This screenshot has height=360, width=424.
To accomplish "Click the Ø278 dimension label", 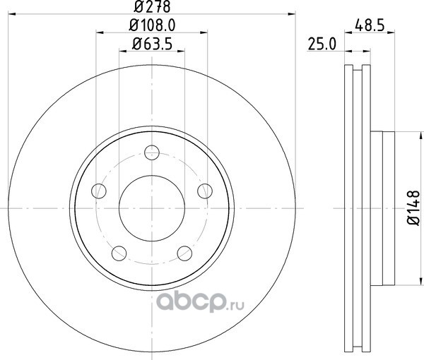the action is (152, 6).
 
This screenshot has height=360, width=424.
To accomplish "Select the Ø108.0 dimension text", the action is (152, 25).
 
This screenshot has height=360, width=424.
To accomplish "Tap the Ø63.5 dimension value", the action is (152, 44).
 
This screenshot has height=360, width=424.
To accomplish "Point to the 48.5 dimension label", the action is (370, 26).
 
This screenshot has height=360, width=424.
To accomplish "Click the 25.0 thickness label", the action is (322, 44).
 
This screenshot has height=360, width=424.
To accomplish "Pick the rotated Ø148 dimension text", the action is (413, 208).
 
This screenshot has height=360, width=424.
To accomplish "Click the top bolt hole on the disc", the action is (152, 152).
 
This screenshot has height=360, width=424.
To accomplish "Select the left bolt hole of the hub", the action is (99, 191).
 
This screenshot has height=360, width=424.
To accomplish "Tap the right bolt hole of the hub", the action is (205, 191).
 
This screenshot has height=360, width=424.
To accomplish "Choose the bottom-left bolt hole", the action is (119, 253).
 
